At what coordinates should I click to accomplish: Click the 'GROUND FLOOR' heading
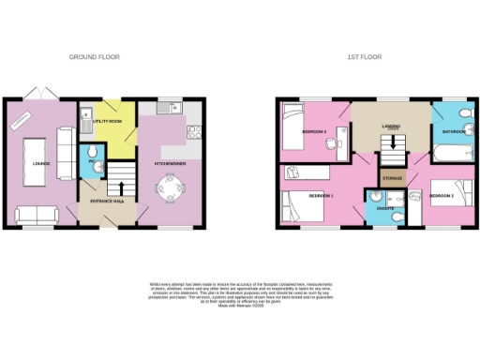coord(95,57)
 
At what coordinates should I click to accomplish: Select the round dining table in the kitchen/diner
coord(171,188)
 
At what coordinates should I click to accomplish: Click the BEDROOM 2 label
coord(442,195)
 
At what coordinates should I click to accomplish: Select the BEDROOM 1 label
coord(322,195)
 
